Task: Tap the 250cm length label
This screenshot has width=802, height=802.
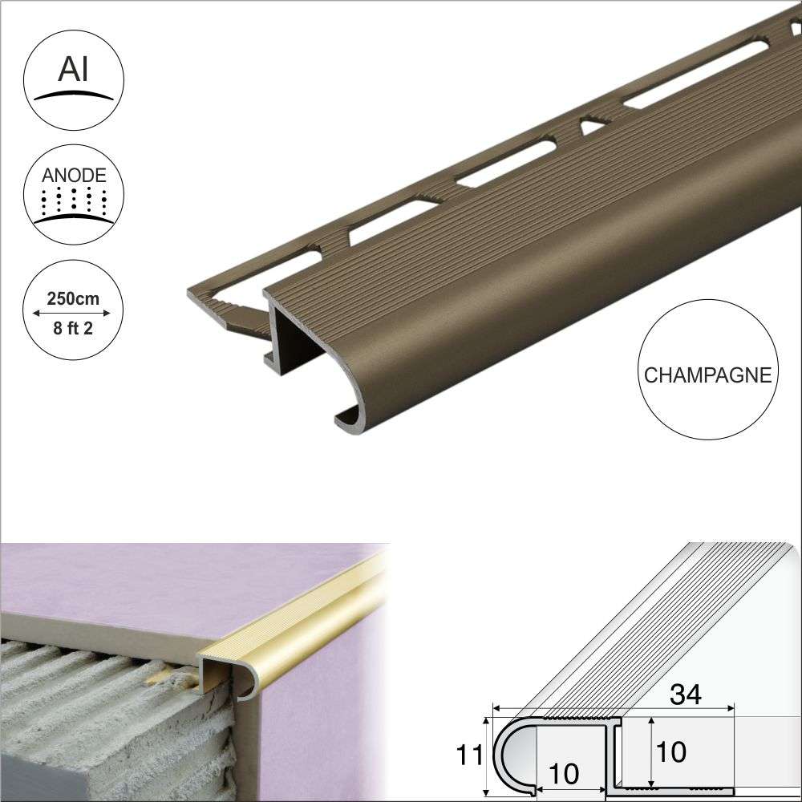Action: [x=74, y=298]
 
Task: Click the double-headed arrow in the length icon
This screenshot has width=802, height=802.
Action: [x=74, y=314]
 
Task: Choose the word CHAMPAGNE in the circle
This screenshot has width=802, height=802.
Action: [x=707, y=375]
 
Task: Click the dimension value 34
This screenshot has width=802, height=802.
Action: [x=683, y=695]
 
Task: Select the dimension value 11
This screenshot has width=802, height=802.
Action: [x=472, y=754]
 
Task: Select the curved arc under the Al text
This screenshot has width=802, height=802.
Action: [x=74, y=95]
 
